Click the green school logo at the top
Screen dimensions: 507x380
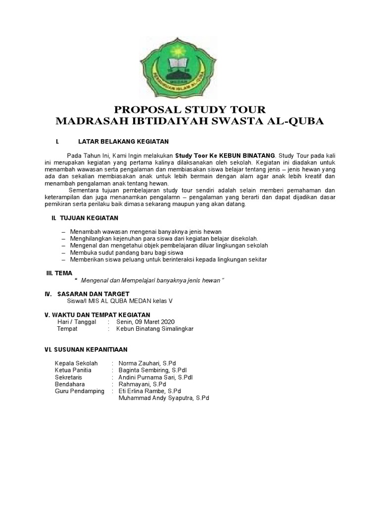pos(190,64)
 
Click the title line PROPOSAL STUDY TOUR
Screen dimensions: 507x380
pos(190,109)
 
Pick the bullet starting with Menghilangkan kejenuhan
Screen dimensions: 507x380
pos(164,239)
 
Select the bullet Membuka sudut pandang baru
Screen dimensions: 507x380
pos(127,253)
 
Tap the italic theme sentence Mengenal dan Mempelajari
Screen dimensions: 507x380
pos(152,280)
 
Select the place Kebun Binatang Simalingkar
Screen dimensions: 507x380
pos(154,328)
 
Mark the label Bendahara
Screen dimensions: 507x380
pos(70,384)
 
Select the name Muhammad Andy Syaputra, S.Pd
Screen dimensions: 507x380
pos(164,398)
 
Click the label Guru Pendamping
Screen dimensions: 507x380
pos(80,391)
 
